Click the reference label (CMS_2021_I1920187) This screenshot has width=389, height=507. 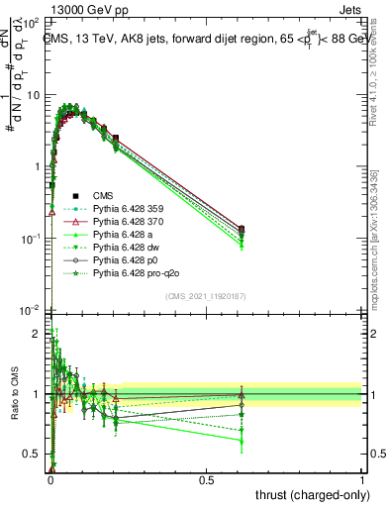(207, 295)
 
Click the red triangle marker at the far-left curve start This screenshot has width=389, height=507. (50, 211)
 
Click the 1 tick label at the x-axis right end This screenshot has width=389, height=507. (362, 478)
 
